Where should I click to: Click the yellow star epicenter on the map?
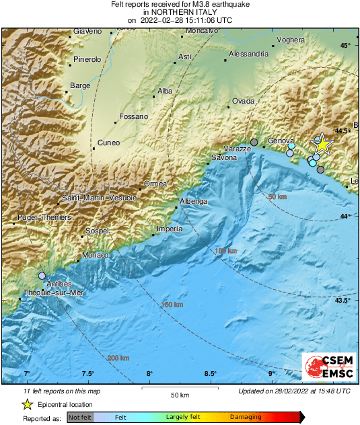click(322, 143)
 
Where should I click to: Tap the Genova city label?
click(281, 141)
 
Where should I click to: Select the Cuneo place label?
click(108, 143)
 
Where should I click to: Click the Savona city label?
click(224, 158)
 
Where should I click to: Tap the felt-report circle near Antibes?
click(42, 276)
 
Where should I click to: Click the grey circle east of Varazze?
click(254, 142)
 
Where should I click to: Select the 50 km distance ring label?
click(277, 196)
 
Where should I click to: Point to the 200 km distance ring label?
click(118, 358)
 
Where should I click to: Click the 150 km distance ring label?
click(173, 305)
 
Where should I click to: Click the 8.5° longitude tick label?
click(210, 374)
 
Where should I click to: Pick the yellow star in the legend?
click(27, 404)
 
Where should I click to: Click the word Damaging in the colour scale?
click(246, 418)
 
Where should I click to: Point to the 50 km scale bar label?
click(178, 394)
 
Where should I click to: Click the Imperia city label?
click(169, 229)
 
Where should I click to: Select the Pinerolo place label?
click(87, 60)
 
